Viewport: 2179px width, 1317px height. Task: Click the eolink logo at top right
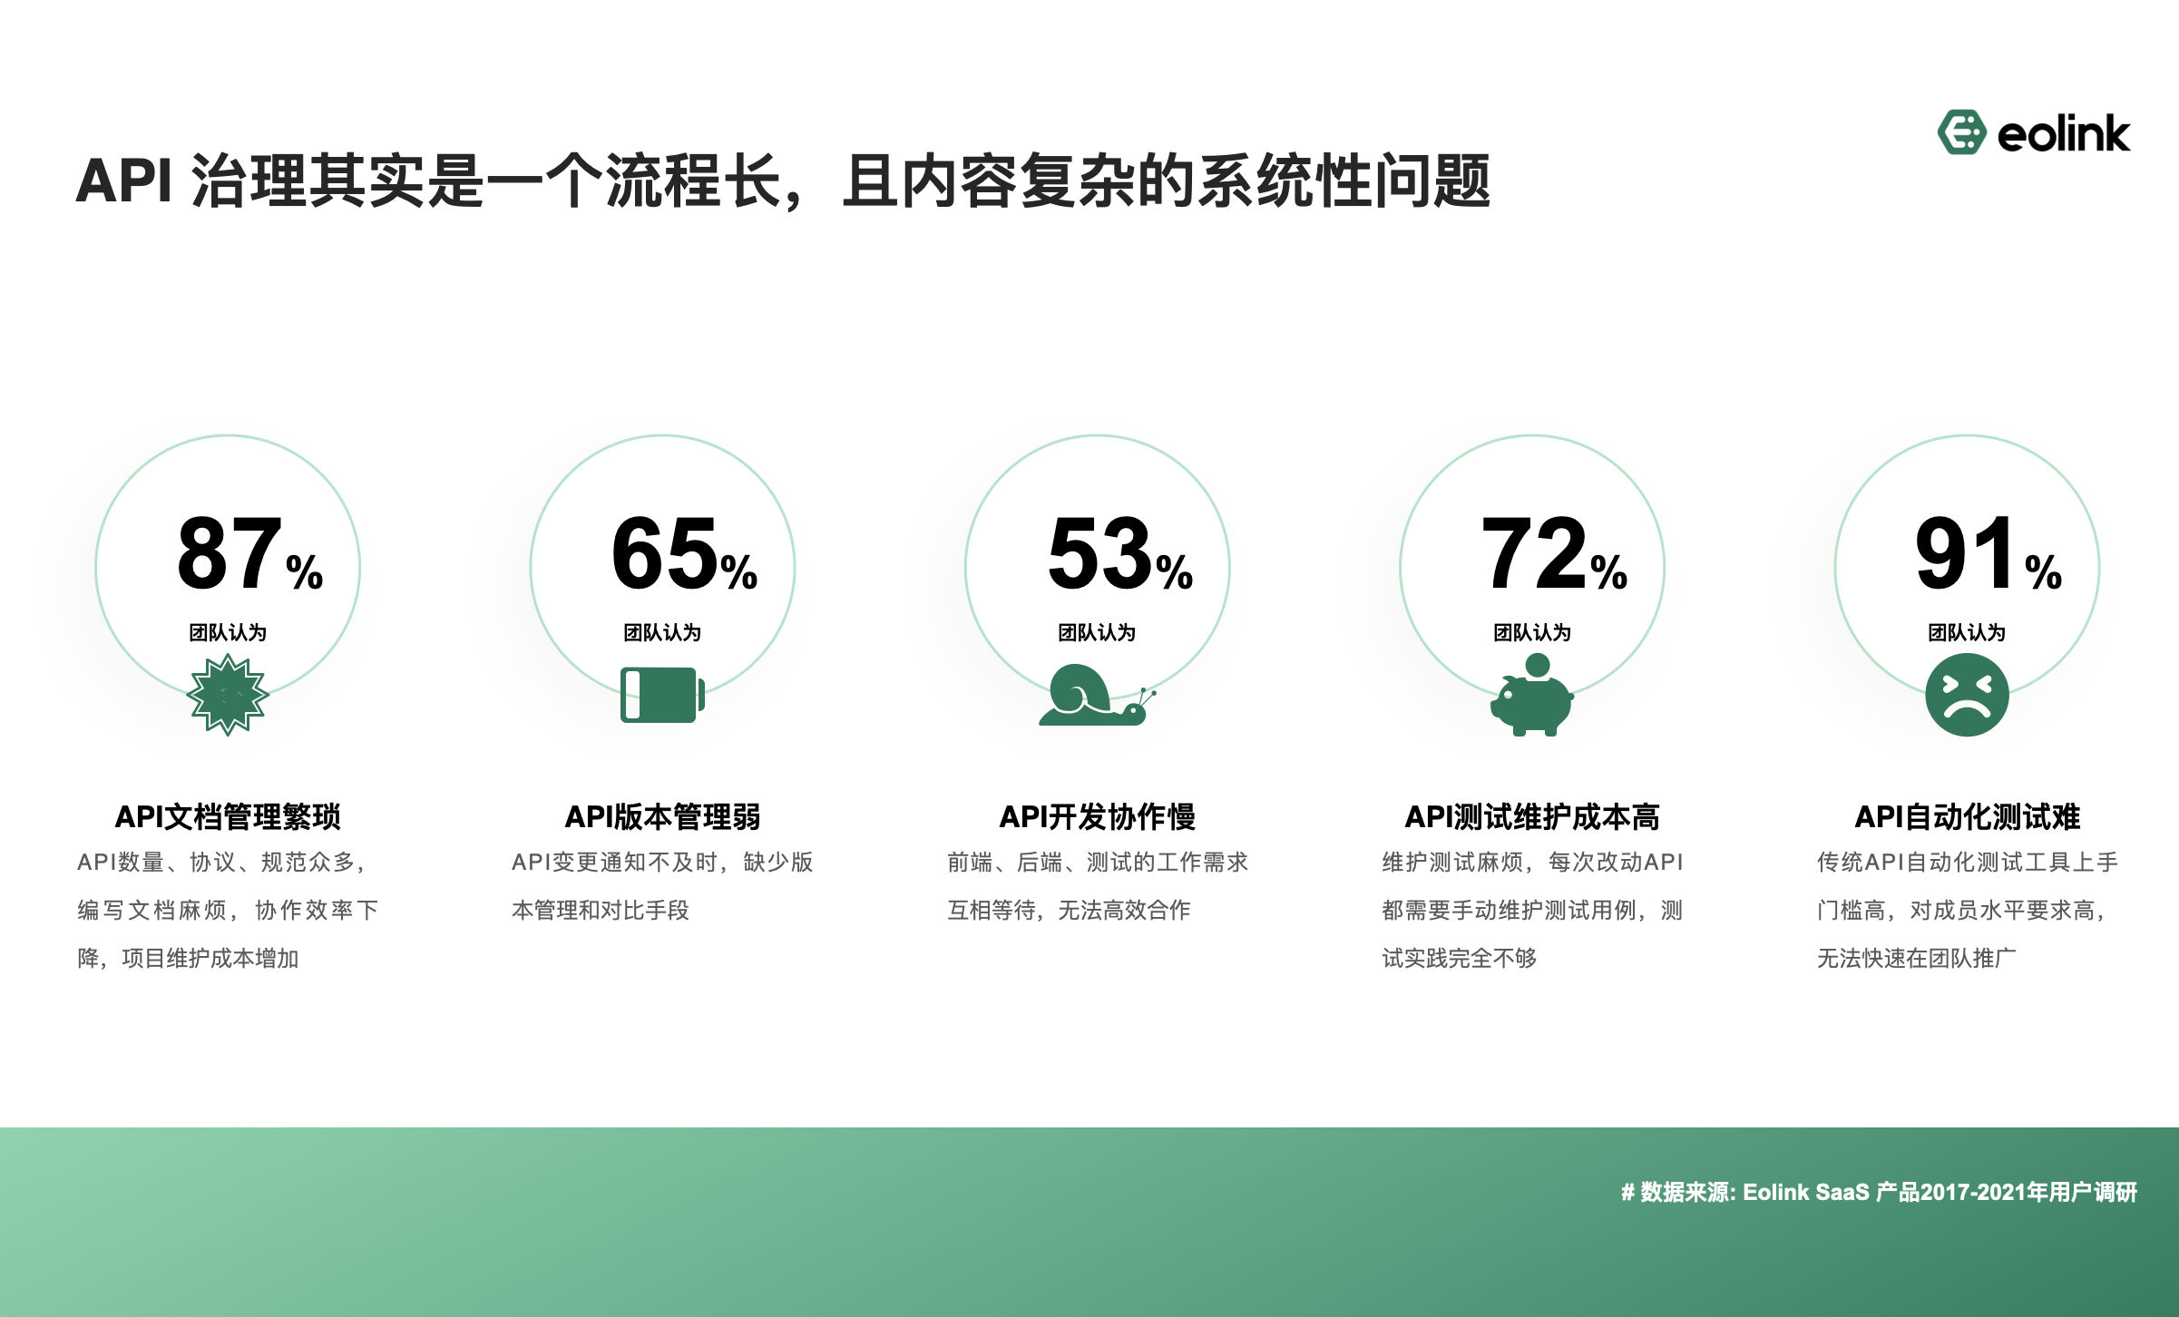(2033, 133)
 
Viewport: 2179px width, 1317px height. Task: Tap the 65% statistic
(684, 553)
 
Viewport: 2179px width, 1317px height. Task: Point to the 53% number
(1119, 553)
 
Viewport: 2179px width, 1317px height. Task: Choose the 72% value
(1554, 553)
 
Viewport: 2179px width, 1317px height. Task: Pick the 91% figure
(1988, 553)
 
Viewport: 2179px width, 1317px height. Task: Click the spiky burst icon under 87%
(228, 696)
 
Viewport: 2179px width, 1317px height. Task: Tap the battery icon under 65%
(662, 696)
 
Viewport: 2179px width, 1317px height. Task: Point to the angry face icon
(1967, 696)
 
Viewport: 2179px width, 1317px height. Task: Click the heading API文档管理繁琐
(228, 817)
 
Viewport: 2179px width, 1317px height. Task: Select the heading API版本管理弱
(662, 817)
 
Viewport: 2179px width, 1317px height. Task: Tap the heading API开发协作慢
(1097, 817)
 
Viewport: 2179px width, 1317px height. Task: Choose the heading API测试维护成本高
(1532, 817)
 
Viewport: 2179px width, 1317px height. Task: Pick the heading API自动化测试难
(1967, 817)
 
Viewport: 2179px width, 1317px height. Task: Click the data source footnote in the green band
(1879, 1192)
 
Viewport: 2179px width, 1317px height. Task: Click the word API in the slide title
(123, 180)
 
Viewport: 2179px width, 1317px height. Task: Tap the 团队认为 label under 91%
(1967, 632)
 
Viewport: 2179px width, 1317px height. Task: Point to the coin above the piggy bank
(1538, 666)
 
